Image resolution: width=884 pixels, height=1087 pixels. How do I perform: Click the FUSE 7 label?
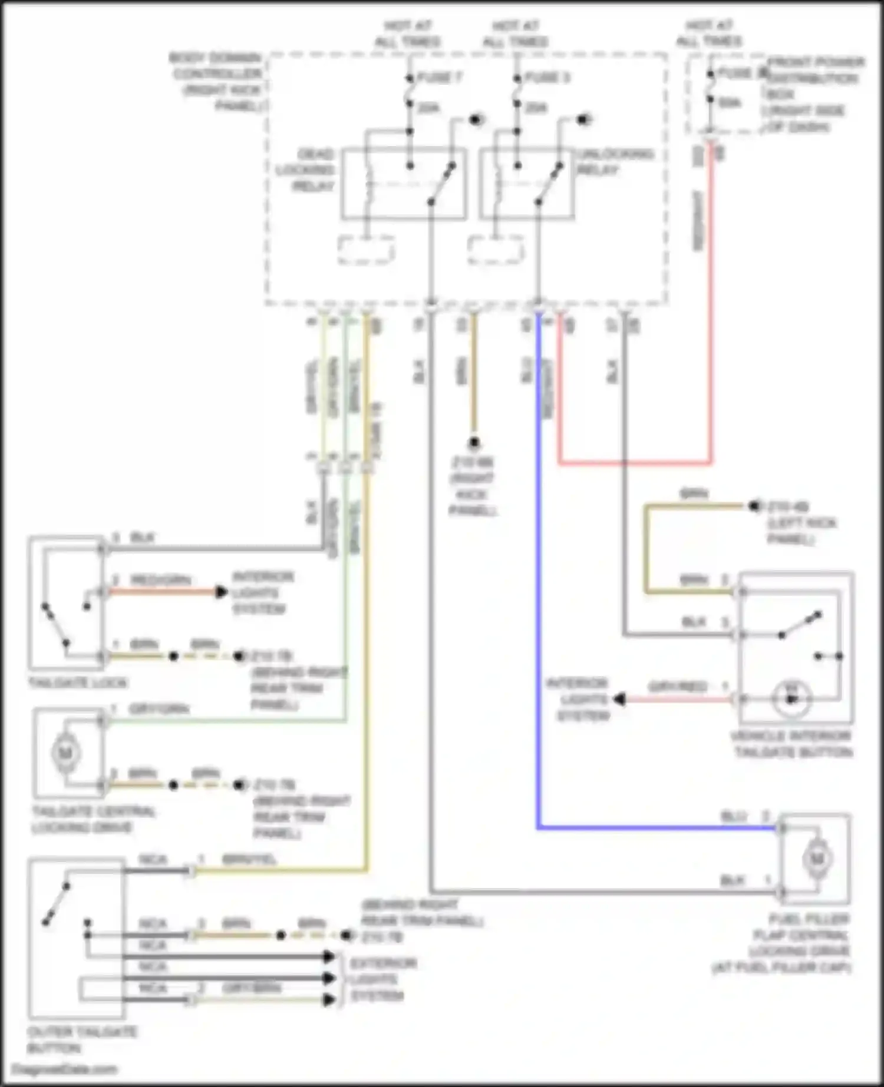pyautogui.click(x=440, y=77)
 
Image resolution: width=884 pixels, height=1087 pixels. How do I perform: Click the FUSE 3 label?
pyautogui.click(x=547, y=77)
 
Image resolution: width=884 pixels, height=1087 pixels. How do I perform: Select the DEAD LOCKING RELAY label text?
pyautogui.click(x=306, y=170)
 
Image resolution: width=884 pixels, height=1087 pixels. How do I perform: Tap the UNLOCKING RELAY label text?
pyautogui.click(x=615, y=161)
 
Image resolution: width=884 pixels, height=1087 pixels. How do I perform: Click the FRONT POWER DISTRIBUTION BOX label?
pyautogui.click(x=814, y=94)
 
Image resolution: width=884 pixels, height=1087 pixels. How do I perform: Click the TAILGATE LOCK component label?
pyautogui.click(x=78, y=683)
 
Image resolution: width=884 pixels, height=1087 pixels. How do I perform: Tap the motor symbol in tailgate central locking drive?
pyautogui.click(x=65, y=753)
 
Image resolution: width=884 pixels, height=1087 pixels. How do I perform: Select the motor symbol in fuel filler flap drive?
pyautogui.click(x=816, y=859)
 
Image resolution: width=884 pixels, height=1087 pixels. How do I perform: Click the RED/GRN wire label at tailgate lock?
pyautogui.click(x=160, y=581)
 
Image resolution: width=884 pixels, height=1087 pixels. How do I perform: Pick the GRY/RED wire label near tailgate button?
pyautogui.click(x=678, y=687)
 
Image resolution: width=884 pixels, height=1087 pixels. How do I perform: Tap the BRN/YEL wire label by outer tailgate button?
pyautogui.click(x=249, y=860)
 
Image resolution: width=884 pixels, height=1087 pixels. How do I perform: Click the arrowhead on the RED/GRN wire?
pyautogui.click(x=222, y=592)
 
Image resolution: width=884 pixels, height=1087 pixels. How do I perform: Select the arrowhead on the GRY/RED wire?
pyautogui.click(x=619, y=700)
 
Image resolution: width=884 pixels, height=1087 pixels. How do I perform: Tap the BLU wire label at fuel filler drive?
pyautogui.click(x=734, y=817)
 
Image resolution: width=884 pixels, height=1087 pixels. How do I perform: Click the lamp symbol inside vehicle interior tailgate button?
pyautogui.click(x=792, y=699)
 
